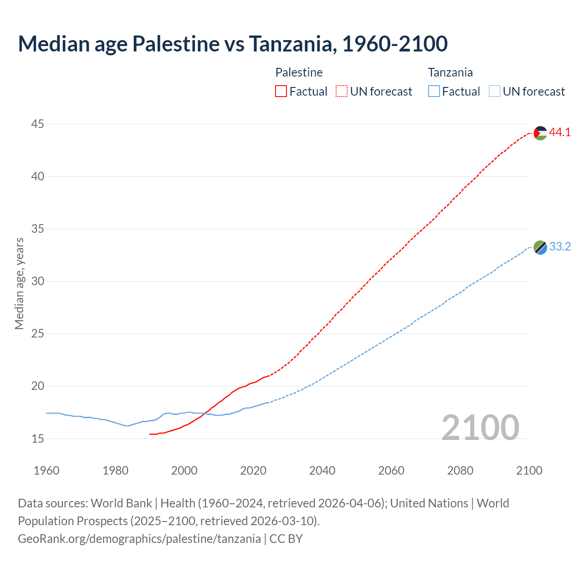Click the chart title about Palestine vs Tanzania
[233, 44]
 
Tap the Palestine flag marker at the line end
[540, 133]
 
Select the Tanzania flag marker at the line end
[540, 247]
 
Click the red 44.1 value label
[560, 133]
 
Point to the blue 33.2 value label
[560, 247]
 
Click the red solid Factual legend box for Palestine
[281, 92]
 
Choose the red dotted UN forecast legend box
[342, 92]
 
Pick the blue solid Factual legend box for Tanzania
[434, 92]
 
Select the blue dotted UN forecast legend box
[494, 92]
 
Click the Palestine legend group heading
[299, 72]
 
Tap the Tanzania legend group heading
[450, 72]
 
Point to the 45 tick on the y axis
[38, 124]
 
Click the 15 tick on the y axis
[38, 439]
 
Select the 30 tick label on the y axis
[38, 281]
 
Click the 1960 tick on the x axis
[46, 470]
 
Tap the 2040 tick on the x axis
[322, 470]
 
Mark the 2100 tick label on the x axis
[529, 470]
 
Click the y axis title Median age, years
[19, 283]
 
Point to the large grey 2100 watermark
[480, 427]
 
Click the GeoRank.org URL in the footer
[139, 539]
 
